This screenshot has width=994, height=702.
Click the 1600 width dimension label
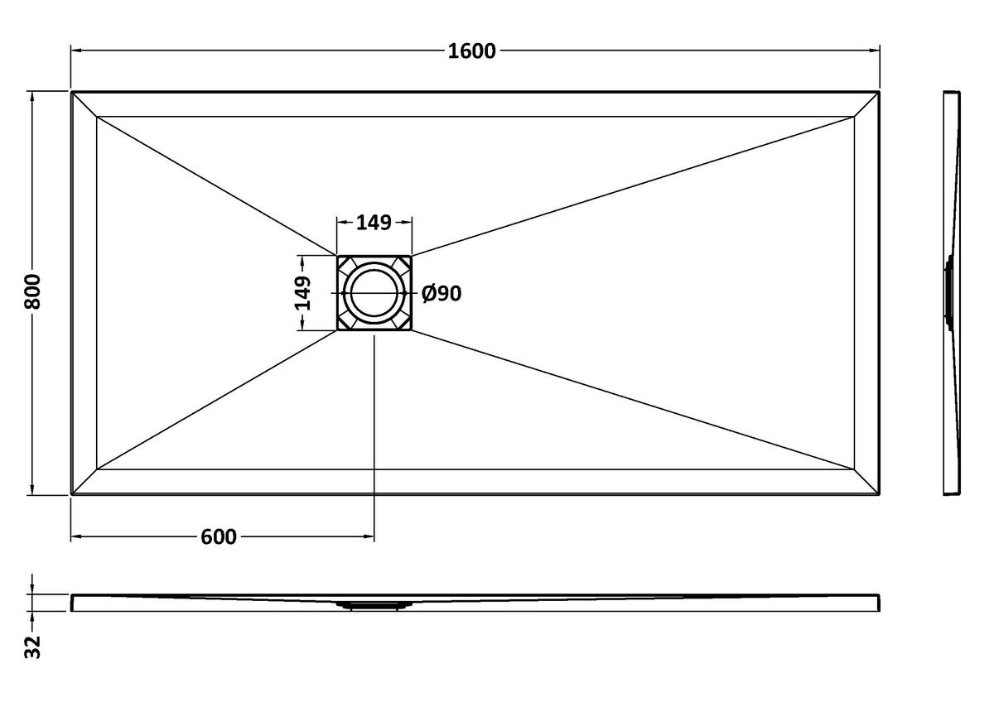click(x=471, y=51)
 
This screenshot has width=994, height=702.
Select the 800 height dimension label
click(x=33, y=291)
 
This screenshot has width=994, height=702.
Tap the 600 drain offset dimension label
click(x=219, y=537)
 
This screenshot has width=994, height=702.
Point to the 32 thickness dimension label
click(x=33, y=648)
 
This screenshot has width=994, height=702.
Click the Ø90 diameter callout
click(x=442, y=294)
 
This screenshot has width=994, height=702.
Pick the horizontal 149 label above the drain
click(x=374, y=223)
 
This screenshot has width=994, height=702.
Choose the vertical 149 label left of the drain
click(x=303, y=293)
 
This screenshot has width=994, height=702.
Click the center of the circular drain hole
click(x=374, y=293)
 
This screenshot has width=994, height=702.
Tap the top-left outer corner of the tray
click(x=71, y=92)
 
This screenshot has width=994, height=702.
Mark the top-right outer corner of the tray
click(x=880, y=92)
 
